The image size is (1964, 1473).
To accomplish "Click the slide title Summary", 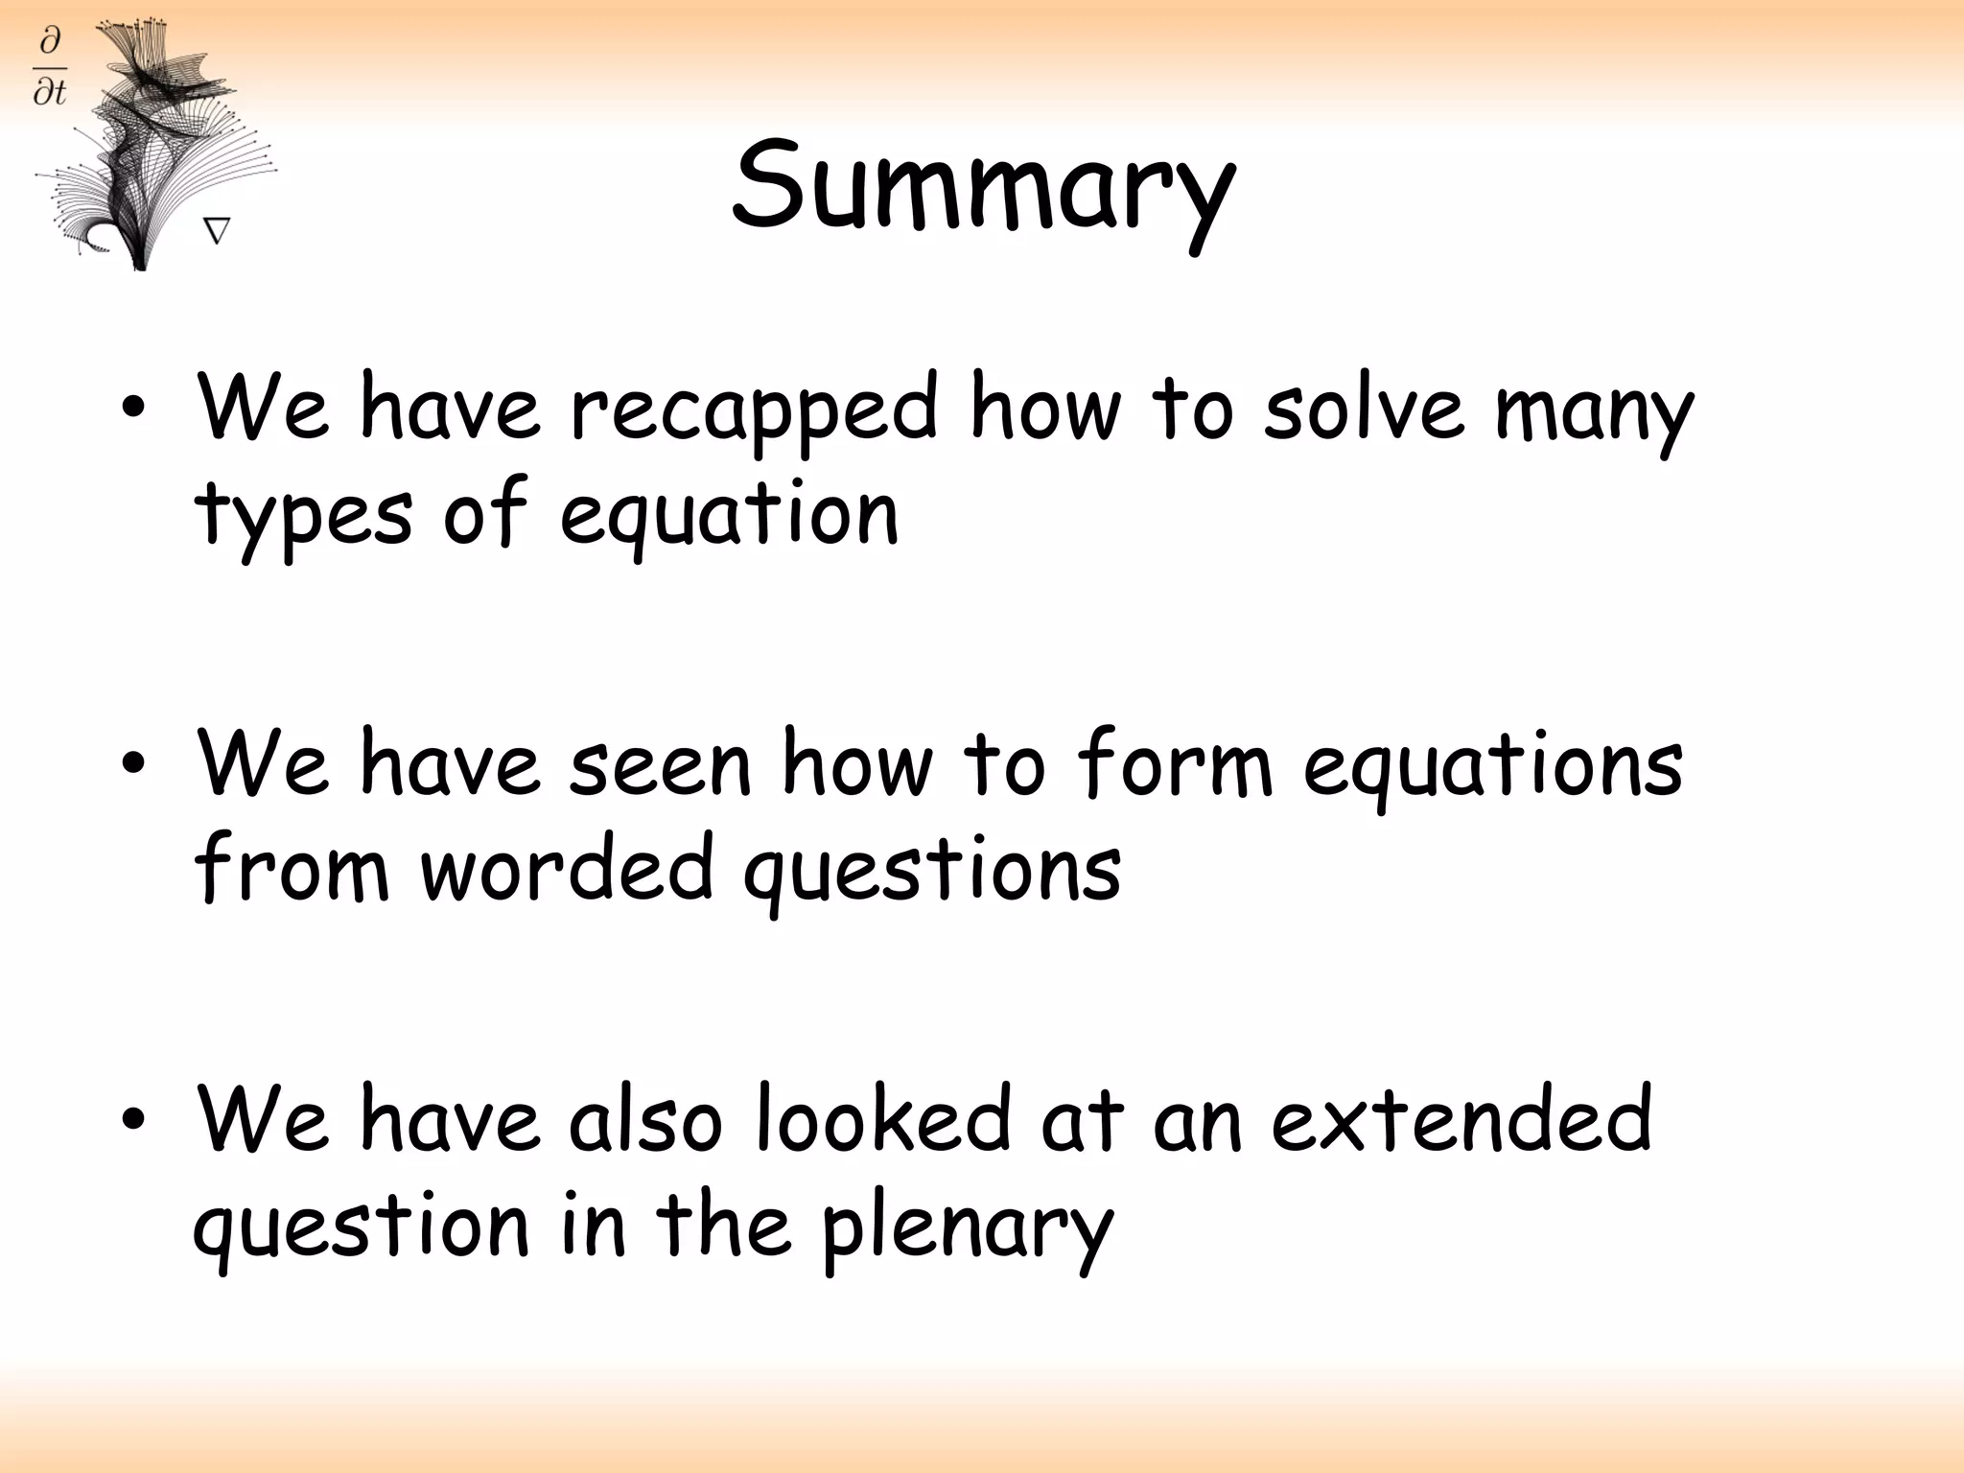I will click(x=982, y=187).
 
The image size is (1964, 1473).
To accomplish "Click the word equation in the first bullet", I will click(x=729, y=516).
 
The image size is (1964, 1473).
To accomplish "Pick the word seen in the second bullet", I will click(x=660, y=765).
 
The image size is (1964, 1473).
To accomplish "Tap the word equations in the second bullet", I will click(x=1492, y=765).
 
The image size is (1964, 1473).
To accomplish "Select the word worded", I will click(x=567, y=868).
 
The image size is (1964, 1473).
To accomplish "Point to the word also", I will click(x=644, y=1118).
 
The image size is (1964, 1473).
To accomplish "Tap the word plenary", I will click(x=967, y=1229).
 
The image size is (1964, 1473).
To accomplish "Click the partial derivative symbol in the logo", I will click(x=50, y=66).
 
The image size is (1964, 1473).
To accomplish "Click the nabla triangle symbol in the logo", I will click(x=217, y=231).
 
